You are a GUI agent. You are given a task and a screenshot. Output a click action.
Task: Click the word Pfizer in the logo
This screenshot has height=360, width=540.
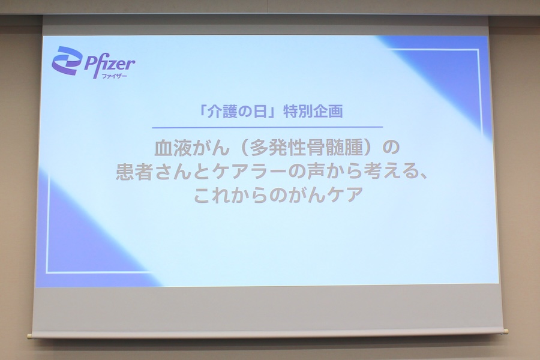pos(109,62)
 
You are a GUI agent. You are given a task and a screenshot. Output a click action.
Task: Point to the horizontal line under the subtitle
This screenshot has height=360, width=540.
pos(267,127)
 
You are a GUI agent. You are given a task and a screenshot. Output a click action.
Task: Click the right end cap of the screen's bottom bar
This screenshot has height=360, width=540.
pos(505,330)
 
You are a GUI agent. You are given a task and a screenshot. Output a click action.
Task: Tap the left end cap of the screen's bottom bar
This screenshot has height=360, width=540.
pos(29,335)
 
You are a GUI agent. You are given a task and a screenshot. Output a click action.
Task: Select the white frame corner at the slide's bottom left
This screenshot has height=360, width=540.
pos(47,272)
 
